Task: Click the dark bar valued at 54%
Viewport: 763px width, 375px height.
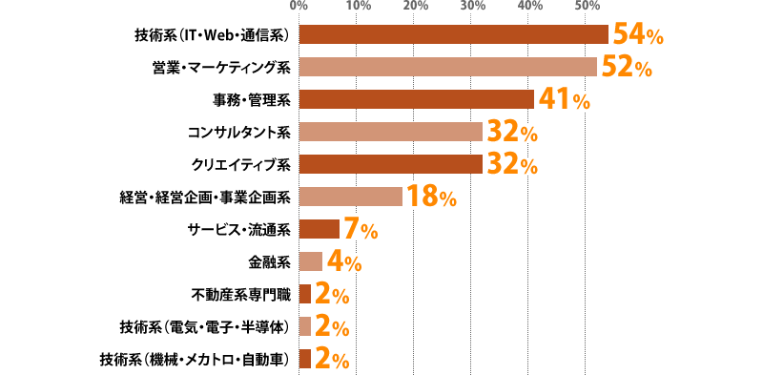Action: point(453,34)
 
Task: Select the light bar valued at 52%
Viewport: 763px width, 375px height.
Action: point(447,67)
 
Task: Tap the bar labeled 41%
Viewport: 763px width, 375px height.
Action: point(416,99)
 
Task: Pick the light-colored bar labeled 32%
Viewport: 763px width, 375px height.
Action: point(390,132)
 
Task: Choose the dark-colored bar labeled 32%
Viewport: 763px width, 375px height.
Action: point(390,164)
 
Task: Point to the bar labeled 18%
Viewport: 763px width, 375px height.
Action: point(350,197)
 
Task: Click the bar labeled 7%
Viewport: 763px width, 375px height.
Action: point(319,229)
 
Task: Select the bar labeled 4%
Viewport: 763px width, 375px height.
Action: point(310,261)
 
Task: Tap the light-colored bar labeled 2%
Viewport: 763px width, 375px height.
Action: point(304,326)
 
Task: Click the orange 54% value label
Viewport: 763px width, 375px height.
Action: point(637,35)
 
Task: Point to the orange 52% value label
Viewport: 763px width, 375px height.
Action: point(627,68)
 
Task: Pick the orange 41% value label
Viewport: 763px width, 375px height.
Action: point(564,100)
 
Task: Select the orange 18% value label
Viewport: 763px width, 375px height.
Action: point(430,198)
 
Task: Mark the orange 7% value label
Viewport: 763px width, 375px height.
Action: point(361,230)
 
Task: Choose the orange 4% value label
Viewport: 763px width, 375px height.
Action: point(344,262)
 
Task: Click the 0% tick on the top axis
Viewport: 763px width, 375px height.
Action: point(298,6)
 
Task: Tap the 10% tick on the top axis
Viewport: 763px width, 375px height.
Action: point(357,6)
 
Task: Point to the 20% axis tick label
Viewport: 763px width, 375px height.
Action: point(414,6)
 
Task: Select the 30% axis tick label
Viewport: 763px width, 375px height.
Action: point(471,6)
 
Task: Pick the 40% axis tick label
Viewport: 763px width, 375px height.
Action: point(529,6)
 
